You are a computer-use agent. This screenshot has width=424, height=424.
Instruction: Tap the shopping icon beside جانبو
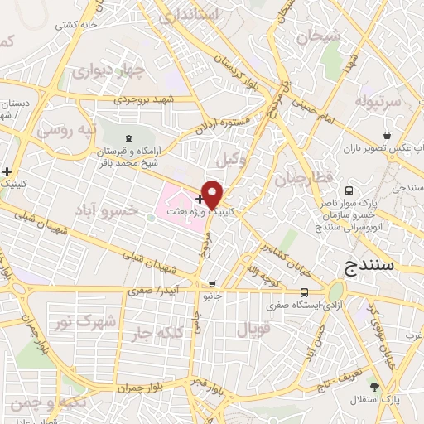212,283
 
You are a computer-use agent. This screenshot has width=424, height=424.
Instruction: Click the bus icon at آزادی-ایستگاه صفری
305,291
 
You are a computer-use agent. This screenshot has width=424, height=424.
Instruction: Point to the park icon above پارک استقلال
375,387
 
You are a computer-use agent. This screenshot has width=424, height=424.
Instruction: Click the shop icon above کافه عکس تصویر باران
387,134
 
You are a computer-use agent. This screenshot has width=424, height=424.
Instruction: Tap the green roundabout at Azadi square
335,292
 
